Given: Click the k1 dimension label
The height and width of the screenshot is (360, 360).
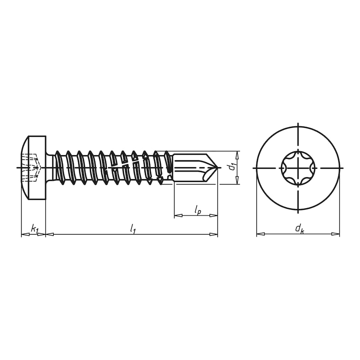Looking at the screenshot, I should pos(34,229).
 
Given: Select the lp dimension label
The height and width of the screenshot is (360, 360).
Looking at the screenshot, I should pos(198,210).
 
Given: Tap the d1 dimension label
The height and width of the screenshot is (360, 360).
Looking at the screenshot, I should pos(231,167).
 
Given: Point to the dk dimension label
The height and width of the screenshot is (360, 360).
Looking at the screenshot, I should pos(299,229).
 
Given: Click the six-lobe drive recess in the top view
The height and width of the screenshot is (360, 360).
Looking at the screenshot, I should pos(298,168).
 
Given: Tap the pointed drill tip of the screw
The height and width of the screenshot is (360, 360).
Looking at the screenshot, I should pos(216,168).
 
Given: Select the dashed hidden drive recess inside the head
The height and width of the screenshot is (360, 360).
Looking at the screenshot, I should pos(31,168).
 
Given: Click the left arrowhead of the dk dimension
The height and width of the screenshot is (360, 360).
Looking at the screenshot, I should pos(260,234).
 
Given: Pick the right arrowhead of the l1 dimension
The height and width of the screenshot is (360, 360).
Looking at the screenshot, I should pos(214,234).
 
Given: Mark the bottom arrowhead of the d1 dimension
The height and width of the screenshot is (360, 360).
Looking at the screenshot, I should pos(237,181).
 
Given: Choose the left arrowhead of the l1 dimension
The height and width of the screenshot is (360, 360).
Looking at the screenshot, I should pos(49,234).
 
